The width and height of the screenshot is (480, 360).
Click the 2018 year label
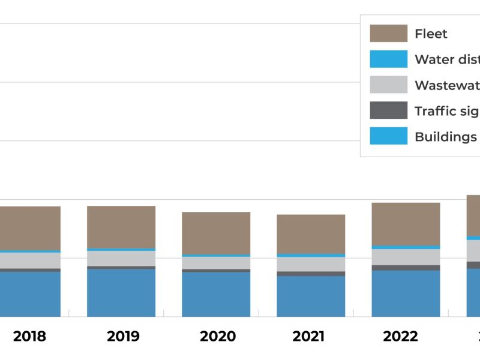click(x=29, y=337)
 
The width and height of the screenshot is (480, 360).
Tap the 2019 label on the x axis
click(x=123, y=337)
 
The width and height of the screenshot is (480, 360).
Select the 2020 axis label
click(x=218, y=337)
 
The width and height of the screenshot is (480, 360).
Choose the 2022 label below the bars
click(x=400, y=337)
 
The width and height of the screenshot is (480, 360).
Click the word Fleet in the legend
click(x=431, y=34)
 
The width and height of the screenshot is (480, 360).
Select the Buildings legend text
click(x=445, y=137)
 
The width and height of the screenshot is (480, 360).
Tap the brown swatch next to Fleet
click(x=388, y=34)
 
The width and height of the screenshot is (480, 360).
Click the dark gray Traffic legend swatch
click(x=388, y=111)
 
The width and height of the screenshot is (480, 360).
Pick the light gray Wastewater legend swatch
click(x=388, y=85)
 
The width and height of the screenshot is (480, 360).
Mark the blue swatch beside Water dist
click(x=388, y=59)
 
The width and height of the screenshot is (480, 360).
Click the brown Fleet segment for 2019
click(x=121, y=227)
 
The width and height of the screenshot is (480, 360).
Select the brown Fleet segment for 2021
click(x=311, y=234)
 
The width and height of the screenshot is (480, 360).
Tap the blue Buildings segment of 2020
click(x=216, y=294)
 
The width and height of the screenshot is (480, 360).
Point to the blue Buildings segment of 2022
click(x=406, y=293)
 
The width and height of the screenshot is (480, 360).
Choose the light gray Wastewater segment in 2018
click(x=30, y=260)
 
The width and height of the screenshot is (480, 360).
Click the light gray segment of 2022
click(x=406, y=257)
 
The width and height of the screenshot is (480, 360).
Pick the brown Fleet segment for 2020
click(x=216, y=233)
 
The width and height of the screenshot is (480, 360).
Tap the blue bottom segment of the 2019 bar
click(x=121, y=292)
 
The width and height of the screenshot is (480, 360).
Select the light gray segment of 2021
click(x=311, y=264)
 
